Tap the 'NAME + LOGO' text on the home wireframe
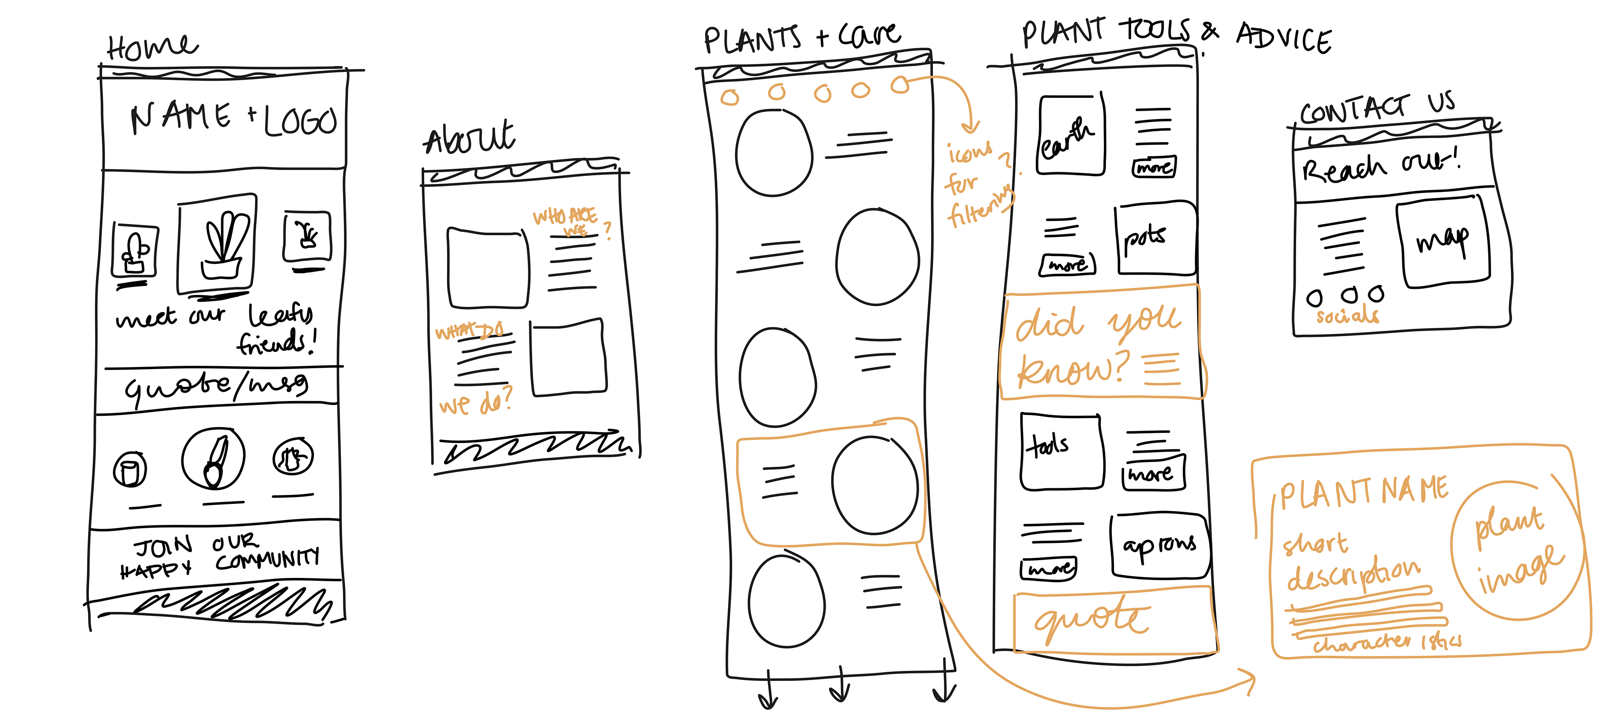click(234, 119)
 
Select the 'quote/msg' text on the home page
click(216, 387)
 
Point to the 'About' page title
click(469, 138)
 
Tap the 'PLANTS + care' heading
click(801, 37)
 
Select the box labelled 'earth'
click(1070, 136)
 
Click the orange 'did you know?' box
click(1100, 343)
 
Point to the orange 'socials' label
click(1348, 315)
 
